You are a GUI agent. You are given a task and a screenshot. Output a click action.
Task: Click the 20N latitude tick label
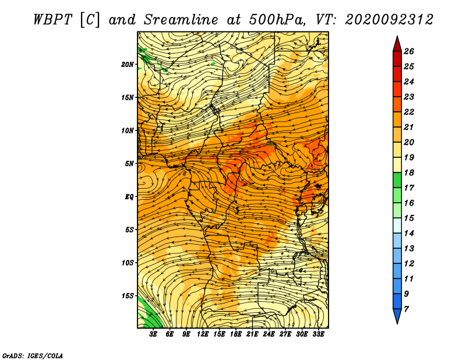pos(128,65)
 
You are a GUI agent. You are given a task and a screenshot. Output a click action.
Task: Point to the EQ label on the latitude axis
pos(129,197)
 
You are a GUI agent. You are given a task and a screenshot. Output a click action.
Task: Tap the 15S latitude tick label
pos(128,296)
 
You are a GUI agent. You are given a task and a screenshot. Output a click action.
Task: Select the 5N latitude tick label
pos(129,164)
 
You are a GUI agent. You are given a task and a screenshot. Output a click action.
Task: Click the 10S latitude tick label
pos(128,263)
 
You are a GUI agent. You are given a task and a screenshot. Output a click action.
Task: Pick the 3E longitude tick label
pos(153,334)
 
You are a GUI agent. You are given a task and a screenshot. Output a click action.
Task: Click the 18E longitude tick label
pos(235,334)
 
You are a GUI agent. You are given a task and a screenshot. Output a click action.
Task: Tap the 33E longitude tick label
pos(318,334)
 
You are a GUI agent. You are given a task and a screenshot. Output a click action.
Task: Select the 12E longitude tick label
pos(202,334)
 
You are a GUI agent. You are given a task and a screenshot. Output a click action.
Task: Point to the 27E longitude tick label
pos(285,334)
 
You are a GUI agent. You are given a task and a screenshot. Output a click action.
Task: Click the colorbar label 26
pos(409,51)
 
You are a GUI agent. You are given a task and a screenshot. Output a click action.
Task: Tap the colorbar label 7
pos(406,309)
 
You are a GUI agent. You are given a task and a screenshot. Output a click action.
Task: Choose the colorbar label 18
pos(409,172)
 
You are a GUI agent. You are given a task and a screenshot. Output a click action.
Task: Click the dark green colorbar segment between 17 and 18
pos(397,180)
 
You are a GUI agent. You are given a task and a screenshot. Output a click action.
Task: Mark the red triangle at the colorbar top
pos(397,44)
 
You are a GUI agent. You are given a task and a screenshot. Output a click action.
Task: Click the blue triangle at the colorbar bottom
pos(397,316)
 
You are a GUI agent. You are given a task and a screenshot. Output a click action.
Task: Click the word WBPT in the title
pos(53,20)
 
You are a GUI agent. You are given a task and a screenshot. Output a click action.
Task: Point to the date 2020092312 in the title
pos(389,20)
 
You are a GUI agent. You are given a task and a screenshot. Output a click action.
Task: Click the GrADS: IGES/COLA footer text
pos(33,356)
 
